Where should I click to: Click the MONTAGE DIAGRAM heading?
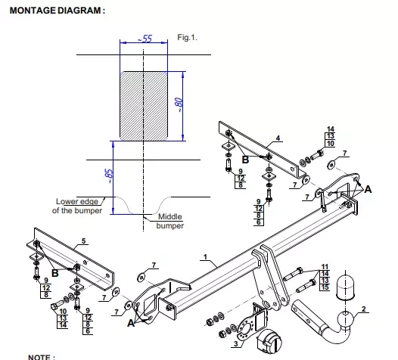point(57,11)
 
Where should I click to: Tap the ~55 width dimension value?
point(145,39)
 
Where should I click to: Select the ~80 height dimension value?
point(179,105)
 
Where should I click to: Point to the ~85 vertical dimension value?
point(109,176)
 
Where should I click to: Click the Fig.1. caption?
point(187,38)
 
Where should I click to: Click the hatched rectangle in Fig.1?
point(144,106)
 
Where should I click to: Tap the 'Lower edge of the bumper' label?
point(77,206)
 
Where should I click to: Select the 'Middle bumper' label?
point(169,222)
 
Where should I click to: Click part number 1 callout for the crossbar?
point(205,257)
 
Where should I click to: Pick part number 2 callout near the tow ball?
point(364,309)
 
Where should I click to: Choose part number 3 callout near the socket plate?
point(236,344)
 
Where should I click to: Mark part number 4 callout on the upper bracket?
point(278,138)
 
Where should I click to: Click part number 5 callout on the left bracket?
point(84,241)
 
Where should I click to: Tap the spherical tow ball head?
point(346,318)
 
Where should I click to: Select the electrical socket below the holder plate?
point(269,342)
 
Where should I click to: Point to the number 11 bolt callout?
point(325,267)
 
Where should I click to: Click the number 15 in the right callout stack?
point(325,287)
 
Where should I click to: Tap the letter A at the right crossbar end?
point(368,189)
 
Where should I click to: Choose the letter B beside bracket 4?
point(245,160)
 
